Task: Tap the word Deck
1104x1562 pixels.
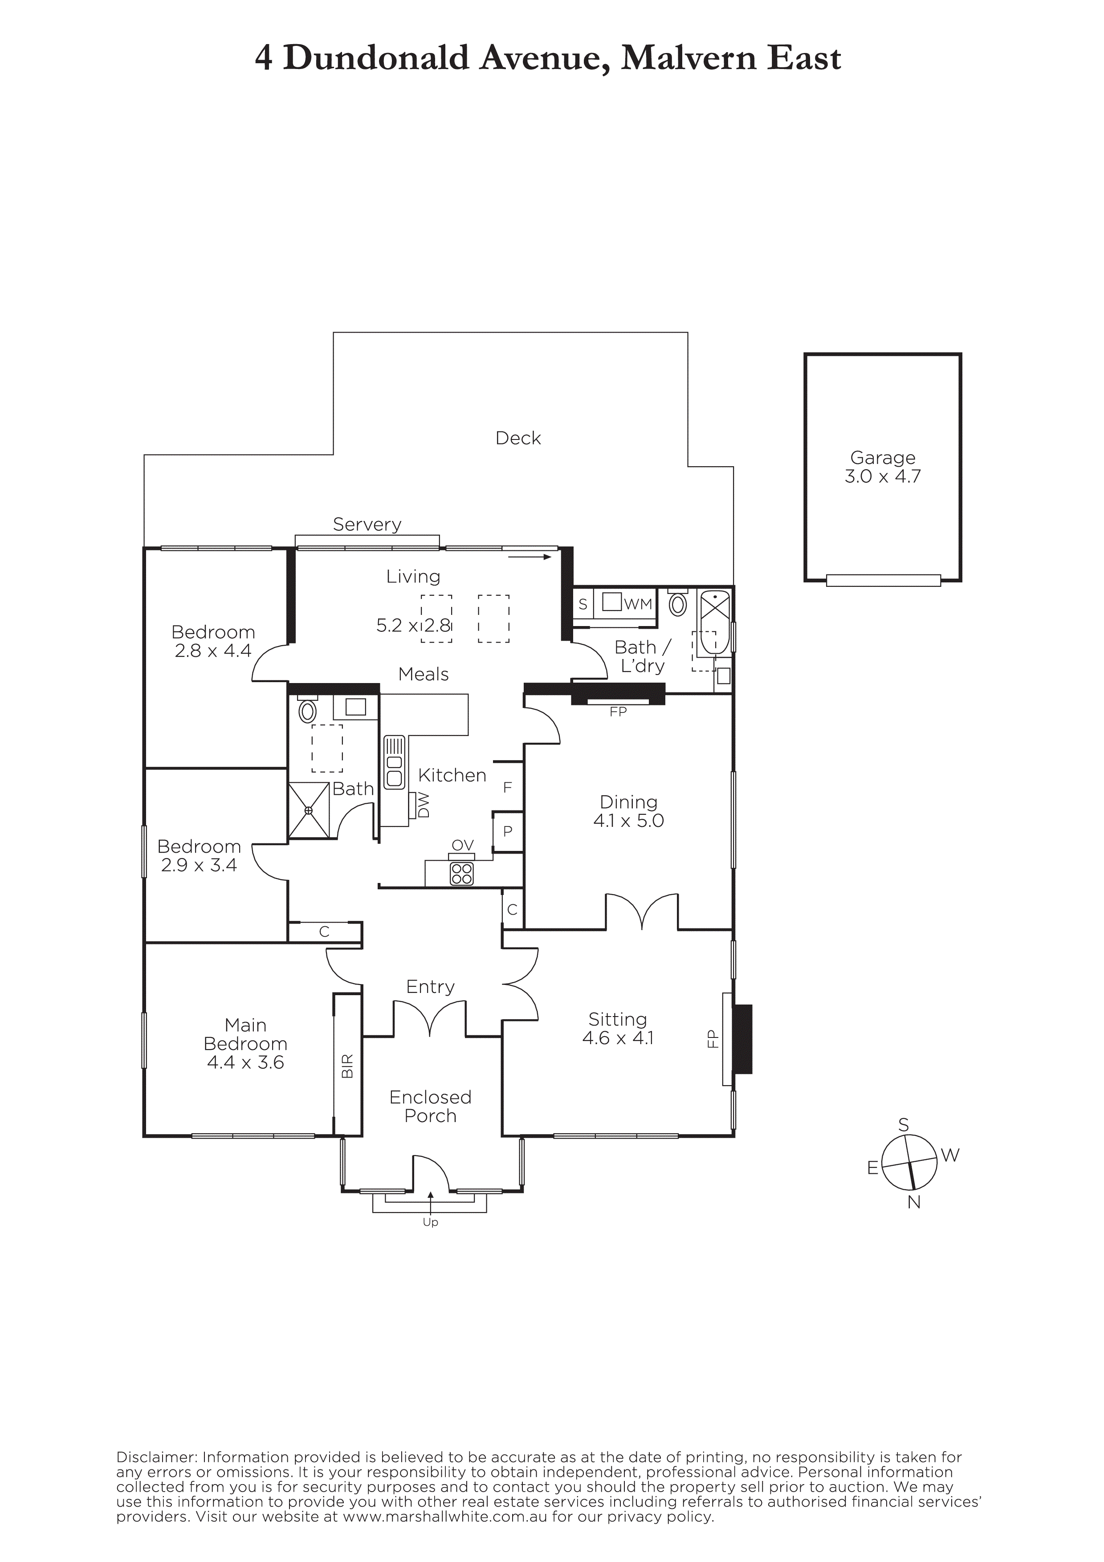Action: point(518,438)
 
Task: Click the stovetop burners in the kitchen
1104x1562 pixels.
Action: point(462,874)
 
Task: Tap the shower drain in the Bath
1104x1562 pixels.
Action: point(308,810)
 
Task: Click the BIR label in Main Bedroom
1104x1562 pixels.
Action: point(347,1066)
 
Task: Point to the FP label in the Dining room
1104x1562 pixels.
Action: point(618,712)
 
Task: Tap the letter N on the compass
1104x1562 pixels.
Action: point(914,1202)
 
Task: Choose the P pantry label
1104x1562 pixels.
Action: point(507,831)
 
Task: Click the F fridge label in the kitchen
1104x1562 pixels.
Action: point(507,788)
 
